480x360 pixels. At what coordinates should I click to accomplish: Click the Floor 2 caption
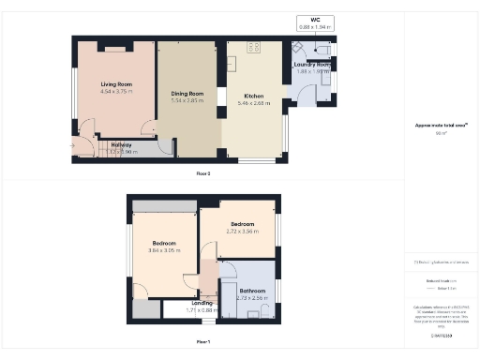tap(203, 174)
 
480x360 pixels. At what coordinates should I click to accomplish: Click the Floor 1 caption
tap(203, 341)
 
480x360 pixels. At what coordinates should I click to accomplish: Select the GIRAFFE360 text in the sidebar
tap(441, 335)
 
